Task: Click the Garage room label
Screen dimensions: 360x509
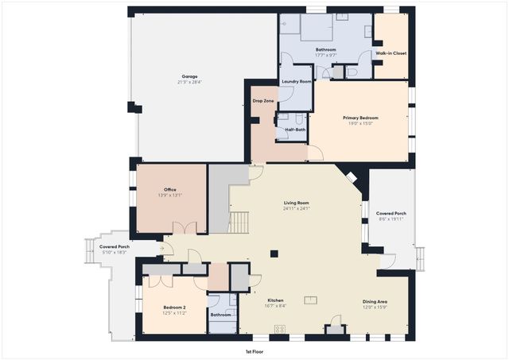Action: [x=189, y=76]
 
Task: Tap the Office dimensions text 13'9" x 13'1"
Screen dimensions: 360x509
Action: [x=170, y=195]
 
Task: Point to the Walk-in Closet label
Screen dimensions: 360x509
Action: [x=390, y=53]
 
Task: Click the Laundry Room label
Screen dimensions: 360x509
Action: [x=295, y=82]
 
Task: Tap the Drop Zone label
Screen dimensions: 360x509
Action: [x=263, y=101]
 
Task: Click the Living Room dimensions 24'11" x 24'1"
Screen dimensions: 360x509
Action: [x=296, y=209]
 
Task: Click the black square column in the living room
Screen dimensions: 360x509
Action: [x=274, y=254]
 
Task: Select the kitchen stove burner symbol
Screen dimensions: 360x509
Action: [x=280, y=329]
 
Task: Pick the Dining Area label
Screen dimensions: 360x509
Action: [x=375, y=301]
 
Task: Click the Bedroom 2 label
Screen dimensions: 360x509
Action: [x=174, y=307]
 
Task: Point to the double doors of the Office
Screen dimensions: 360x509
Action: [x=185, y=229]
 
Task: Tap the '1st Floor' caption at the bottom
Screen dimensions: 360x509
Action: [x=255, y=350]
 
